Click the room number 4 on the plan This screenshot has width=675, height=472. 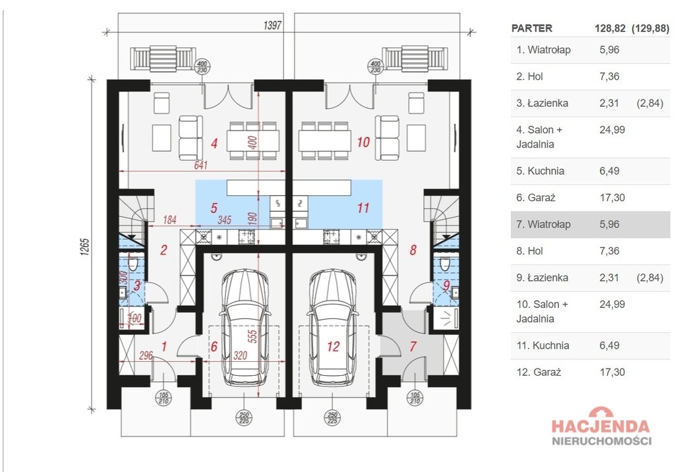pyautogui.click(x=214, y=144)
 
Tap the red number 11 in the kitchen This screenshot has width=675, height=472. pyautogui.click(x=363, y=208)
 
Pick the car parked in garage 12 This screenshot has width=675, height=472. pyautogui.click(x=333, y=327)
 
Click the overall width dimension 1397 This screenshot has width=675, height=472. pyautogui.click(x=272, y=26)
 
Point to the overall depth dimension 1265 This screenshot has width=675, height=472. pyautogui.click(x=85, y=247)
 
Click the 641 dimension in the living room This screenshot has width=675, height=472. pyautogui.click(x=200, y=165)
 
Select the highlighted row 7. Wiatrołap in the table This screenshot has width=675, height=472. pyautogui.click(x=590, y=224)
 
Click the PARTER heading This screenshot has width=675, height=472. pyautogui.click(x=532, y=28)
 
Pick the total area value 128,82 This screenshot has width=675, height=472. pyautogui.click(x=610, y=28)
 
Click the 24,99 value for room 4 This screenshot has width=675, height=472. pyautogui.click(x=612, y=130)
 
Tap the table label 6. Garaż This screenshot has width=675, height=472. pyautogui.click(x=536, y=198)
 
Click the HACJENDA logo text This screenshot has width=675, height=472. pyautogui.click(x=601, y=426)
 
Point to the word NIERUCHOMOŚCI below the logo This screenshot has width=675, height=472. pyautogui.click(x=601, y=441)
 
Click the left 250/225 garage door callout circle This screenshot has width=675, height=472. pyautogui.click(x=244, y=417)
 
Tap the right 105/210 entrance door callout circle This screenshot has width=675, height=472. pyautogui.click(x=415, y=398)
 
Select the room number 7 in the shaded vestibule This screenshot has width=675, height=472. pyautogui.click(x=413, y=346)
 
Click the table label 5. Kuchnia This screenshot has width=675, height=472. pyautogui.click(x=541, y=171)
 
